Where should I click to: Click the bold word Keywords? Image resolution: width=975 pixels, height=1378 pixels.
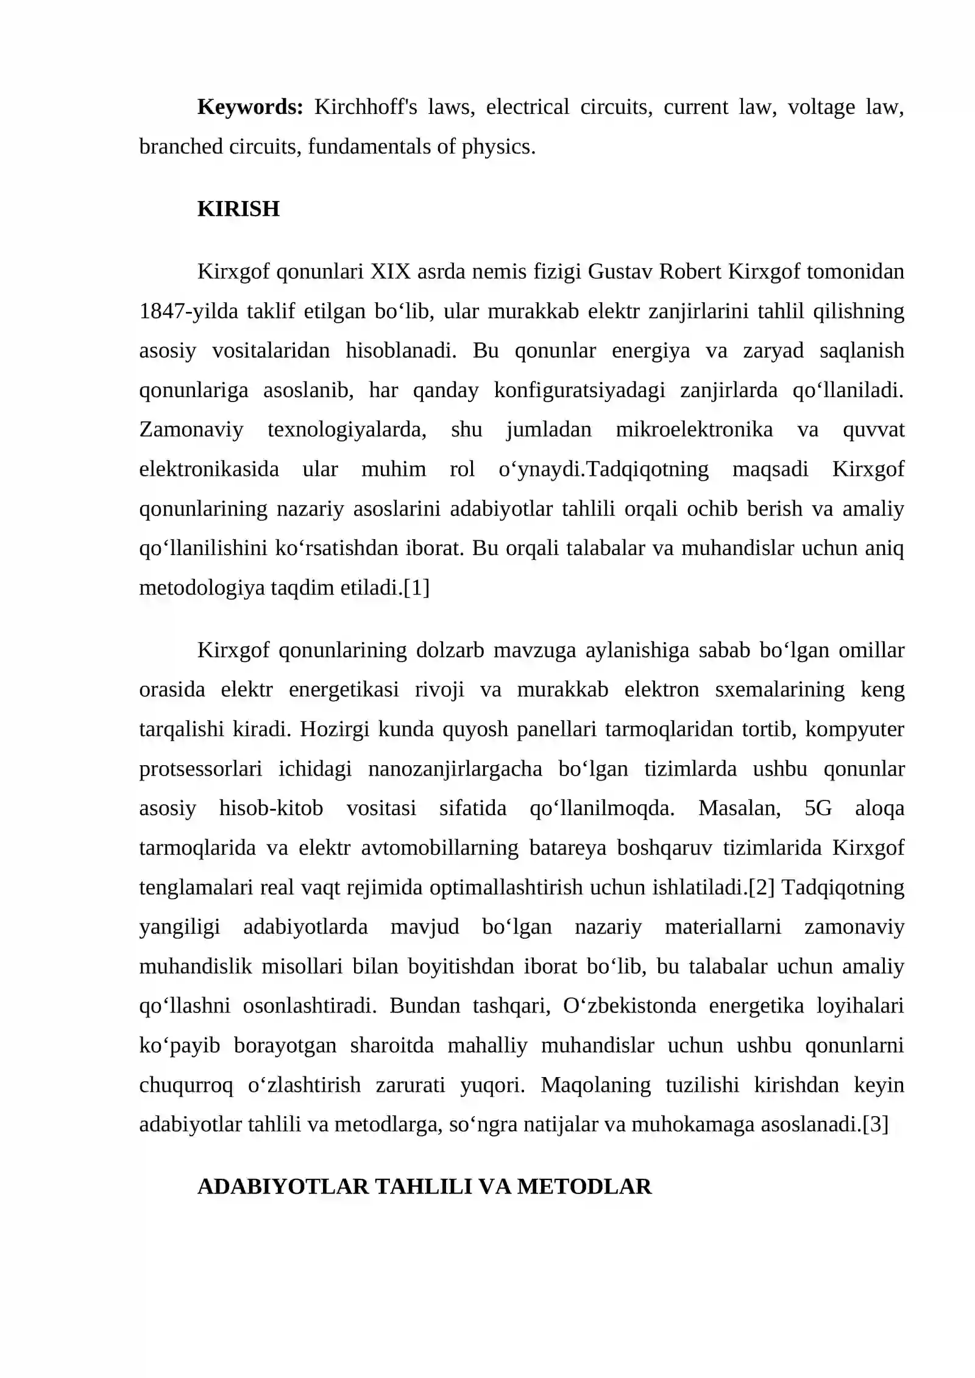[250, 107]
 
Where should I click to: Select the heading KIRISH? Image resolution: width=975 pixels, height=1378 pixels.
[238, 209]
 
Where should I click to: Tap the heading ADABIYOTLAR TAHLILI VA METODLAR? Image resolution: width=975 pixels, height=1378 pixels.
[424, 1187]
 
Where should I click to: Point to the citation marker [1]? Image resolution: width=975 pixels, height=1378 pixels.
[417, 588]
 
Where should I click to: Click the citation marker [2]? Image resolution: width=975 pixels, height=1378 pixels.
[761, 888]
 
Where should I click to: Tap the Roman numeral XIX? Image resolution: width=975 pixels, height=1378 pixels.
[391, 272]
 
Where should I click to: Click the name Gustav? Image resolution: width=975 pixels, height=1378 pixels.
[620, 272]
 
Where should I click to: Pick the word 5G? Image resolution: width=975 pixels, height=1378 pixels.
[818, 808]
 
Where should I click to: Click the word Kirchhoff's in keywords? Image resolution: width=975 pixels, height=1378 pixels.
[366, 107]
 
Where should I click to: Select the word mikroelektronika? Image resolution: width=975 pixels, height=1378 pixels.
[694, 430]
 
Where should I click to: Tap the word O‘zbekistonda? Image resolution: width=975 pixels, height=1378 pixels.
[629, 1006]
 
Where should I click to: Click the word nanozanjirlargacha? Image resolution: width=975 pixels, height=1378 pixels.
[455, 769]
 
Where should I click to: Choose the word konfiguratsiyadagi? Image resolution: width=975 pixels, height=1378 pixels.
[580, 390]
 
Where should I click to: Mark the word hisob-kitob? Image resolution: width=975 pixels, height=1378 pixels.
[271, 808]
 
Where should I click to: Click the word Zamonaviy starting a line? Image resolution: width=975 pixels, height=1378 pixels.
[191, 430]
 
